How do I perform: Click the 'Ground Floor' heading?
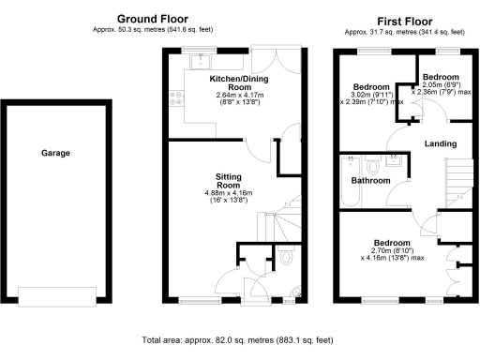coord(151,19)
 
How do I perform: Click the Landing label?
coord(440,144)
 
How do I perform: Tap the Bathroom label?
coord(370,180)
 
